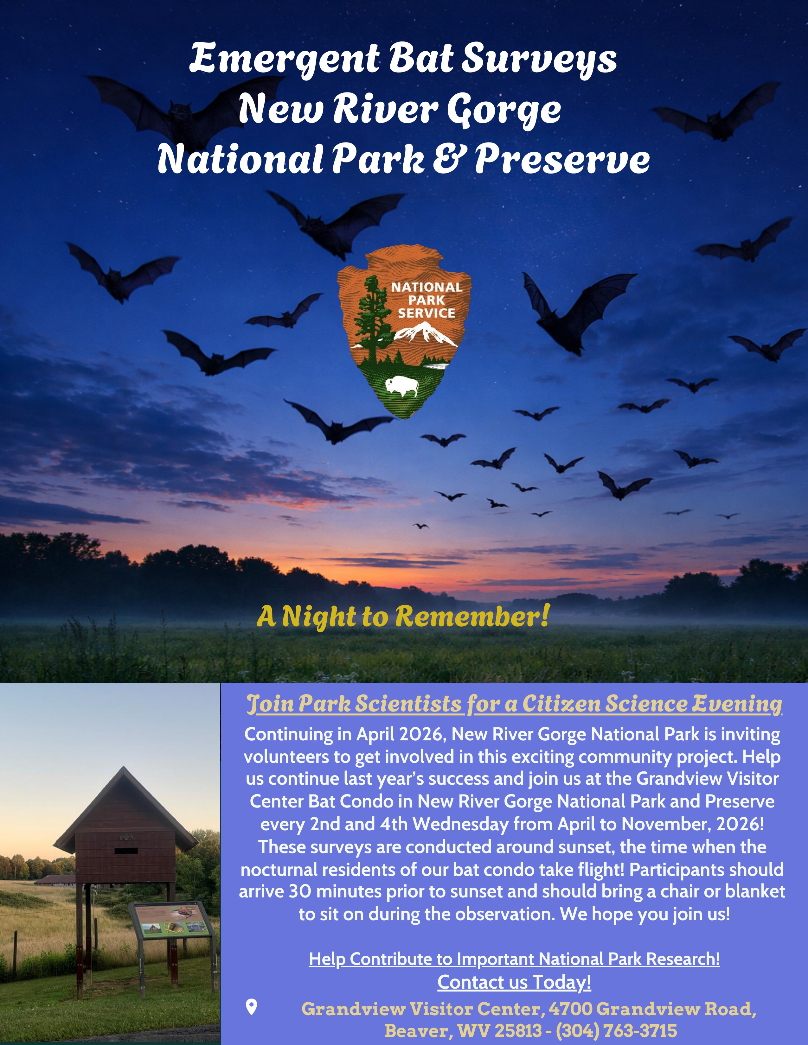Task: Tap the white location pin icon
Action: pos(251,1006)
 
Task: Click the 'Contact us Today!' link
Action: pos(514,982)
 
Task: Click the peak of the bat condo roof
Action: pos(124,768)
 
